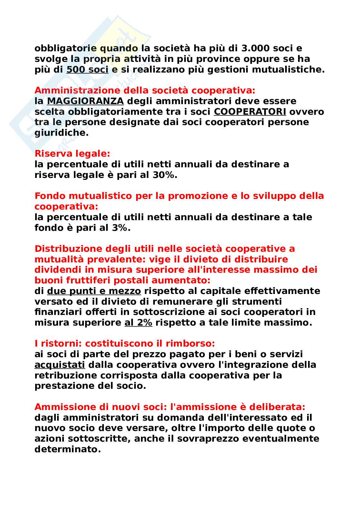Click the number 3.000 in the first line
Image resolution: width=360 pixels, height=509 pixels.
[255, 48]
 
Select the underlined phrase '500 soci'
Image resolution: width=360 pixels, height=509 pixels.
[87, 70]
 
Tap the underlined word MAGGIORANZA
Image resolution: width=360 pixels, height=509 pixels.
[85, 101]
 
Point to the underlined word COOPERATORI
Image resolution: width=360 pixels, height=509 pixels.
[250, 112]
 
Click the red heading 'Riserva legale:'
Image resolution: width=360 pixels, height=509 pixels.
[72, 154]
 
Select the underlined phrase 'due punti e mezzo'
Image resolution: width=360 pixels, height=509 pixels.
[94, 291]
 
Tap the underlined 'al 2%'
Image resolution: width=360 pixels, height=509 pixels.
[138, 323]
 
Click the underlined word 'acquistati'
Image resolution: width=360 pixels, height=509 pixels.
[60, 365]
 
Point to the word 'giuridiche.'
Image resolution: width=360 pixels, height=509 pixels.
[61, 133]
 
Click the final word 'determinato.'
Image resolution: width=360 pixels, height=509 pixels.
[68, 449]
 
